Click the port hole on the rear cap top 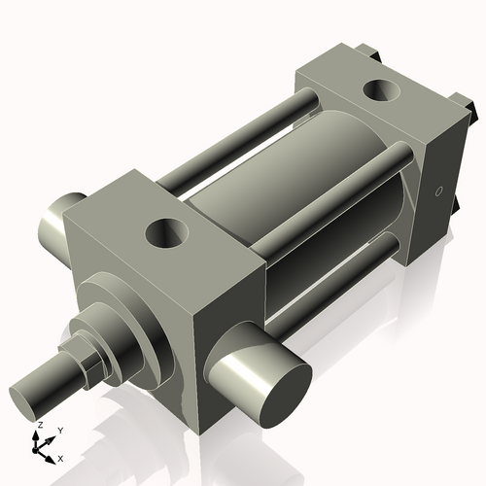pyautogui.click(x=379, y=92)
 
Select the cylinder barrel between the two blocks pyautogui.click(x=292, y=185)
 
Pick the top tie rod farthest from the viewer pyautogui.click(x=243, y=136)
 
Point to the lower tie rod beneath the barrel pyautogui.click(x=340, y=277)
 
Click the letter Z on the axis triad pyautogui.click(x=40, y=426)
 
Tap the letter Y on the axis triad pyautogui.click(x=59, y=429)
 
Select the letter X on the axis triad pyautogui.click(x=61, y=457)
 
